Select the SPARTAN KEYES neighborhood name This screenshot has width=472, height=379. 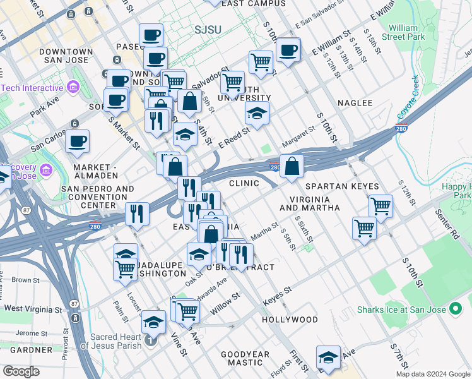click(x=341, y=186)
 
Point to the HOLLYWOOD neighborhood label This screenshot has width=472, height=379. click(x=290, y=320)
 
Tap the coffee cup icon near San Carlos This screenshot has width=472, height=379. click(x=77, y=141)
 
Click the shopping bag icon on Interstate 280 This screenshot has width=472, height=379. click(x=292, y=167)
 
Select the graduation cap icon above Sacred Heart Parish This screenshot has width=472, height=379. click(x=153, y=323)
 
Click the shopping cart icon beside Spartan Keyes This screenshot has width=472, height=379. click(x=381, y=205)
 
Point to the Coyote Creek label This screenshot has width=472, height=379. click(x=408, y=98)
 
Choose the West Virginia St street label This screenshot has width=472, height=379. click(x=33, y=309)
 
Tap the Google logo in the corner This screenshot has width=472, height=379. click(x=21, y=371)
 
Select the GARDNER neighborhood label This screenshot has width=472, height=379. click(x=26, y=349)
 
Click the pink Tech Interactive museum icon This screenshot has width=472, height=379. click(x=73, y=87)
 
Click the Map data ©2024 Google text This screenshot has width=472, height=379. click(x=433, y=374)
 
